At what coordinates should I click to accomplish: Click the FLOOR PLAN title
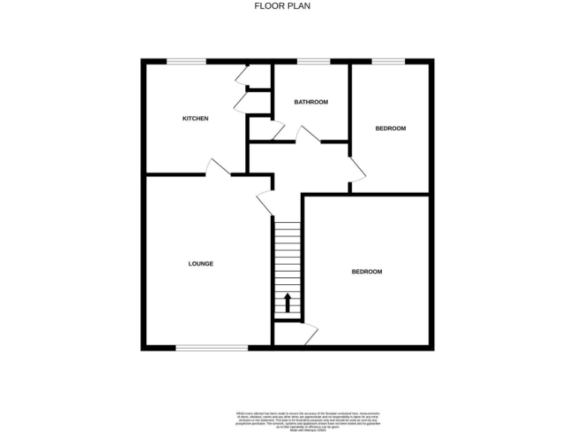coord(282,6)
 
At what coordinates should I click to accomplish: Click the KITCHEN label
coord(196,118)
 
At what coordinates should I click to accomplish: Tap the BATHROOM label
coord(310,102)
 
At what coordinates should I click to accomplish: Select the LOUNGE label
coord(200,263)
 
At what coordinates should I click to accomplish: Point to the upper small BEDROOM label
coord(390,128)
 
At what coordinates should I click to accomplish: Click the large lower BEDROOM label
coord(367,271)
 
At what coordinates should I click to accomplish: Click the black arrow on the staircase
coord(287,303)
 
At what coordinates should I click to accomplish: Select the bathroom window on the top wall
coord(313,61)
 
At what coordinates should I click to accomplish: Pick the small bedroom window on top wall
coord(388,61)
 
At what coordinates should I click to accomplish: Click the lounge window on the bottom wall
coord(211,347)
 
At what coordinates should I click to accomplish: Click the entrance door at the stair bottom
coord(310,332)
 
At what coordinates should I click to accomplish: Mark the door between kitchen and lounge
coord(217,167)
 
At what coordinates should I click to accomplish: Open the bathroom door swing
coord(307,135)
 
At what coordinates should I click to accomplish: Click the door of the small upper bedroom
coord(357,168)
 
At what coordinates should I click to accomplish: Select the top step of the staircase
coord(286,222)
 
